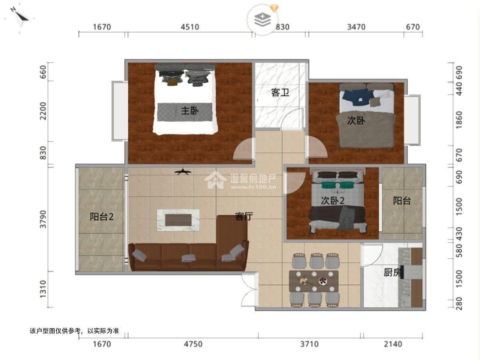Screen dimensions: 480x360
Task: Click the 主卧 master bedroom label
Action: (190, 111)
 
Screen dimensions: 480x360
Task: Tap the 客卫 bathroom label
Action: (280, 92)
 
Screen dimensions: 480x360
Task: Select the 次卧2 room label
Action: (333, 201)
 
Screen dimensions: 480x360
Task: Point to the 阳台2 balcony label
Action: (102, 217)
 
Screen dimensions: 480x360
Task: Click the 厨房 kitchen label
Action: (393, 272)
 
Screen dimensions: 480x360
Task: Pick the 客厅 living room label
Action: (244, 216)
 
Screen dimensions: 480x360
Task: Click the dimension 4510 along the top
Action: (190, 27)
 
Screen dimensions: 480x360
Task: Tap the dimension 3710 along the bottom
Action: (309, 344)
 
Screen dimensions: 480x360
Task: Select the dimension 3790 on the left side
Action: (43, 219)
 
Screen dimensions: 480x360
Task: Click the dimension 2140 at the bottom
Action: (393, 344)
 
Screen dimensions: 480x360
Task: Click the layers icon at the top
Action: (262, 20)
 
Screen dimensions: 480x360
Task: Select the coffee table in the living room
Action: (178, 220)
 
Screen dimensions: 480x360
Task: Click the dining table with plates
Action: (314, 281)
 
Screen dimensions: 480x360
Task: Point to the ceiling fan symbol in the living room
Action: (183, 172)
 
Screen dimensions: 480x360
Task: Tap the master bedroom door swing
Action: (243, 149)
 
